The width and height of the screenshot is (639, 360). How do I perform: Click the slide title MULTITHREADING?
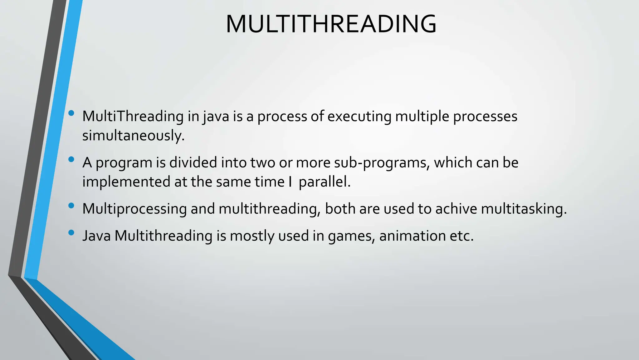[331, 24]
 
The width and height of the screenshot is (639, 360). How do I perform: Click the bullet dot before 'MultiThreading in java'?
[71, 113]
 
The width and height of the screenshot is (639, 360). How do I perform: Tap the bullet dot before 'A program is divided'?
[71, 159]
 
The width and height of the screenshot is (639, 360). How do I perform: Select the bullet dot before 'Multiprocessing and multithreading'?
[71, 206]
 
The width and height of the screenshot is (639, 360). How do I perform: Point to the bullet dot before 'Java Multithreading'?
[71, 232]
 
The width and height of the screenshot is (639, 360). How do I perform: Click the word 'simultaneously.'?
[134, 136]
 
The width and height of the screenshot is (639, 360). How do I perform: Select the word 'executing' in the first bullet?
[359, 117]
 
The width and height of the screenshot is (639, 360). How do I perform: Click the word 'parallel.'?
[324, 182]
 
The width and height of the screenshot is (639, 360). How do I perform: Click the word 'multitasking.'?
[524, 209]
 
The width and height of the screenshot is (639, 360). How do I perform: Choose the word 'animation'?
[412, 236]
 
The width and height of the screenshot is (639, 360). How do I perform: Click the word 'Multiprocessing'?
[134, 209]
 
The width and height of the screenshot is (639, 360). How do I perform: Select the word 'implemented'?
[126, 182]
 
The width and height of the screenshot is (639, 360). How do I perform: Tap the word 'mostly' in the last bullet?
[252, 236]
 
